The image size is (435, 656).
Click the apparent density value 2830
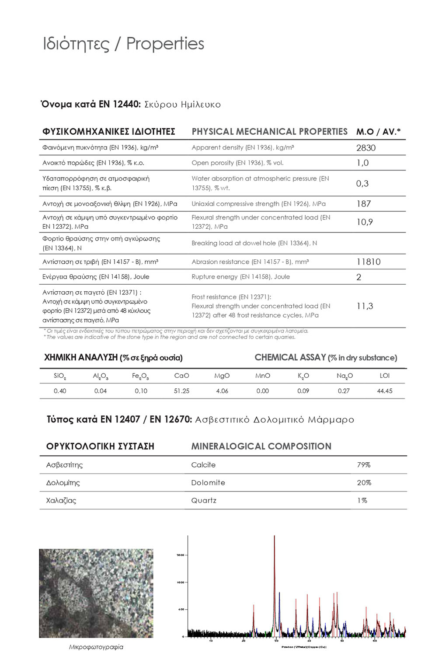365,148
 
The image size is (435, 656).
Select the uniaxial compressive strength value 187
363,204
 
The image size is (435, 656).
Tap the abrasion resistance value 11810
368,262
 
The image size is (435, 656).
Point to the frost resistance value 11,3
365,306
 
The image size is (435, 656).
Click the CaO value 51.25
181,391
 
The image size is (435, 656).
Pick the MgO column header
222,376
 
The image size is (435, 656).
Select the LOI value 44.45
384,391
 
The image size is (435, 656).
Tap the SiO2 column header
60,376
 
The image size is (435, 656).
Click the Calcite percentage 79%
363,465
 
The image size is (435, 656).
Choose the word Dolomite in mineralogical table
208,483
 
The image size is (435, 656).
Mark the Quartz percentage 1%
362,500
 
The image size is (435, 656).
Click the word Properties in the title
165,44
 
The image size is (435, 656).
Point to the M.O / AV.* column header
378,132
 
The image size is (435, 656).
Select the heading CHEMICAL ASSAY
290,358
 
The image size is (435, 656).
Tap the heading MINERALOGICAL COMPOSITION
261,447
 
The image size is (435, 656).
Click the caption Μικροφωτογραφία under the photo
96,647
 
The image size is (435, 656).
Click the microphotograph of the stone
96,593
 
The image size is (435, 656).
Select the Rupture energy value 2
358,277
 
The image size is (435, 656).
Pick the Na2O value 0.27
344,391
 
